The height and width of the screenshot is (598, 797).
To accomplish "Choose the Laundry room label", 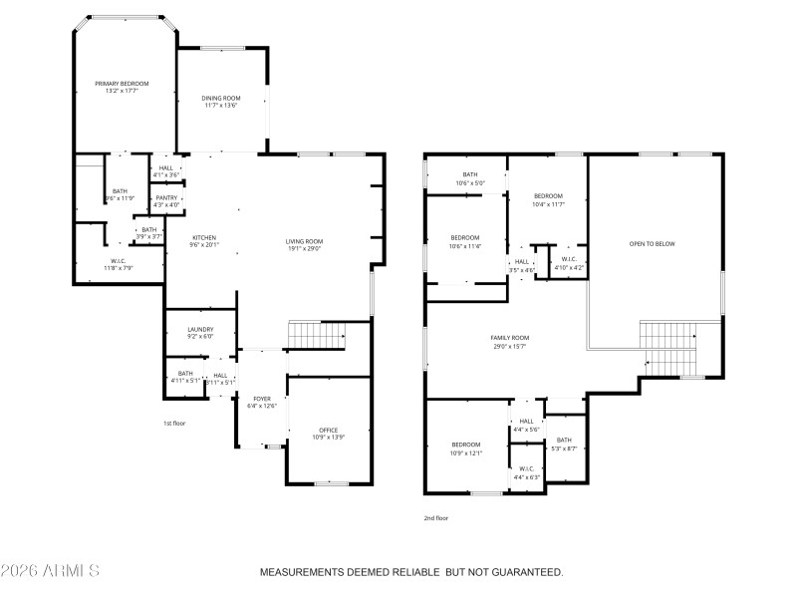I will point(200,333).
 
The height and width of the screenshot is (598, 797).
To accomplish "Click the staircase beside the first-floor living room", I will point(315,335).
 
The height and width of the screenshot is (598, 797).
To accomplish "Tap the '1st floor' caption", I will point(174,423).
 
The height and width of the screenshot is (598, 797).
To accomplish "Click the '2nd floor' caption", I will point(436,518).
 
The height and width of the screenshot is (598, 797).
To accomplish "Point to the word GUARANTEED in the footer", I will point(520,573).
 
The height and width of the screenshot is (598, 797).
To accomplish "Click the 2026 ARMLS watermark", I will point(50,572).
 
